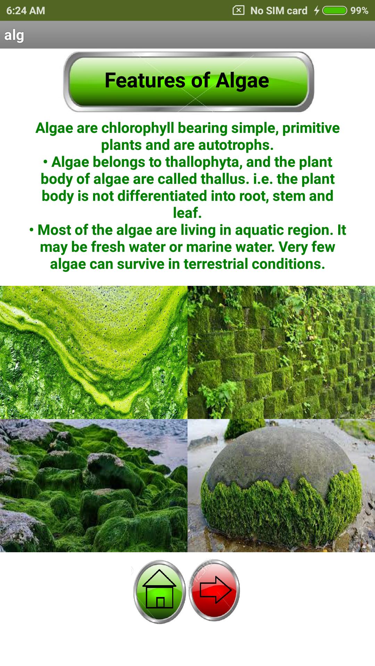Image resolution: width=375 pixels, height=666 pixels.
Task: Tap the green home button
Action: click(x=160, y=591)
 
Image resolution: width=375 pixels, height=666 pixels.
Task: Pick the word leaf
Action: click(x=187, y=213)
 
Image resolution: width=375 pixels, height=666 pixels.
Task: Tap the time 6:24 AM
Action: click(x=26, y=11)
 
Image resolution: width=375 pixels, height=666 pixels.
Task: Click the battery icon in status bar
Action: click(x=335, y=11)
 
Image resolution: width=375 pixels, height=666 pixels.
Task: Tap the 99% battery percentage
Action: click(x=359, y=11)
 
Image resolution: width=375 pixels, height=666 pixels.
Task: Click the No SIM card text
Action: click(x=279, y=11)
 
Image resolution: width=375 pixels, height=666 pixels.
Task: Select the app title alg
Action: click(x=14, y=35)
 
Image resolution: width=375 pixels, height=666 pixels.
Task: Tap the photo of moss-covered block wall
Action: click(x=281, y=352)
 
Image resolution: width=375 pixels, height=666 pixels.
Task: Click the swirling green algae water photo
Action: click(x=94, y=352)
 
